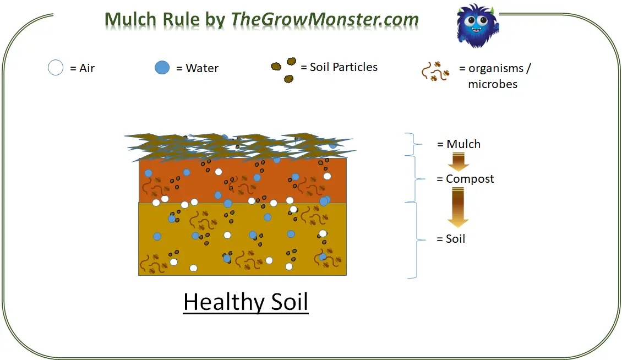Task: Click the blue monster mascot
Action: pos(477,26)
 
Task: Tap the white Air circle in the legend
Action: pos(56,68)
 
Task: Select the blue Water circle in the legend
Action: pos(162,68)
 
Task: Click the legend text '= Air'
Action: pos(83,68)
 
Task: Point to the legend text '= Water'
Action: pos(197,68)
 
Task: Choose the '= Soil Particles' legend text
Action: pos(339,67)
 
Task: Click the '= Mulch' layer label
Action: pos(459,144)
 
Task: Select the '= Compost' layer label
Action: pos(465,179)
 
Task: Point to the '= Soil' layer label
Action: pos(451,239)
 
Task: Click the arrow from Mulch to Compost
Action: pos(458,161)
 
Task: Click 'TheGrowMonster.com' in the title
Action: pos(325,19)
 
